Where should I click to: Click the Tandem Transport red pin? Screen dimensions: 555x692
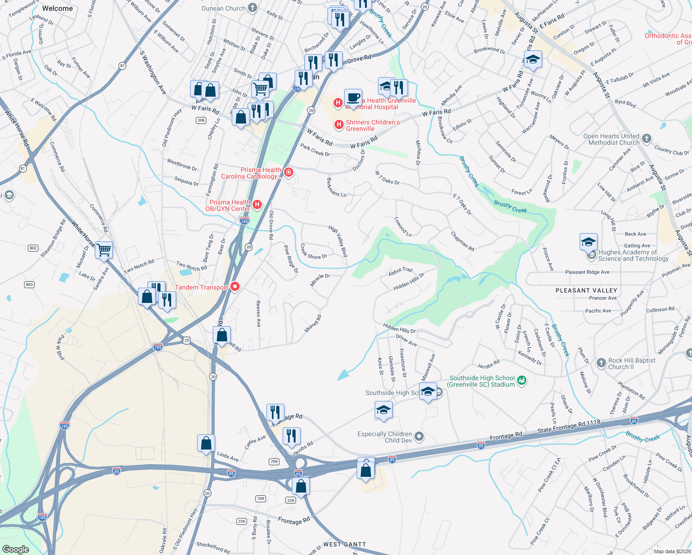[235, 287]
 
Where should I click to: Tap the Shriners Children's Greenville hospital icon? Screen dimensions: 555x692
[339, 124]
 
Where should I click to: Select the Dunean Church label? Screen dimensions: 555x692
[224, 8]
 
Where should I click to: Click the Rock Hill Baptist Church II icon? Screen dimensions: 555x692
[601, 363]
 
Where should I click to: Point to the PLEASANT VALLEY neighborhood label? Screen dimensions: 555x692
[586, 290]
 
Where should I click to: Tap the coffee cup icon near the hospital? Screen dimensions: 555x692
[353, 98]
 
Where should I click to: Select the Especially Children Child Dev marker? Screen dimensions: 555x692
[419, 436]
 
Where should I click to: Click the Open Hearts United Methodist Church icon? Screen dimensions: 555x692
[647, 138]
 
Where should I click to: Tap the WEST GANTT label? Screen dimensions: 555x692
[345, 544]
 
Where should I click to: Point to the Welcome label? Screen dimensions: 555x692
[57, 8]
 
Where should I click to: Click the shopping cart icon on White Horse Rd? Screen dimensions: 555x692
[104, 250]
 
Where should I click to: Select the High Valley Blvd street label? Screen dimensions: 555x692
[338, 241]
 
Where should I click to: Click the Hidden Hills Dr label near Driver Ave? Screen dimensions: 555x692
[399, 328]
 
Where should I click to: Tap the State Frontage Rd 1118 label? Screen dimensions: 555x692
[569, 426]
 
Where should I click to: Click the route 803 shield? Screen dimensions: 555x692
[30, 284]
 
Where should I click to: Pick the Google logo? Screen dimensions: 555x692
[15, 549]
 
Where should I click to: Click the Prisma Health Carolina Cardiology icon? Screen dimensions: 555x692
[289, 173]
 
